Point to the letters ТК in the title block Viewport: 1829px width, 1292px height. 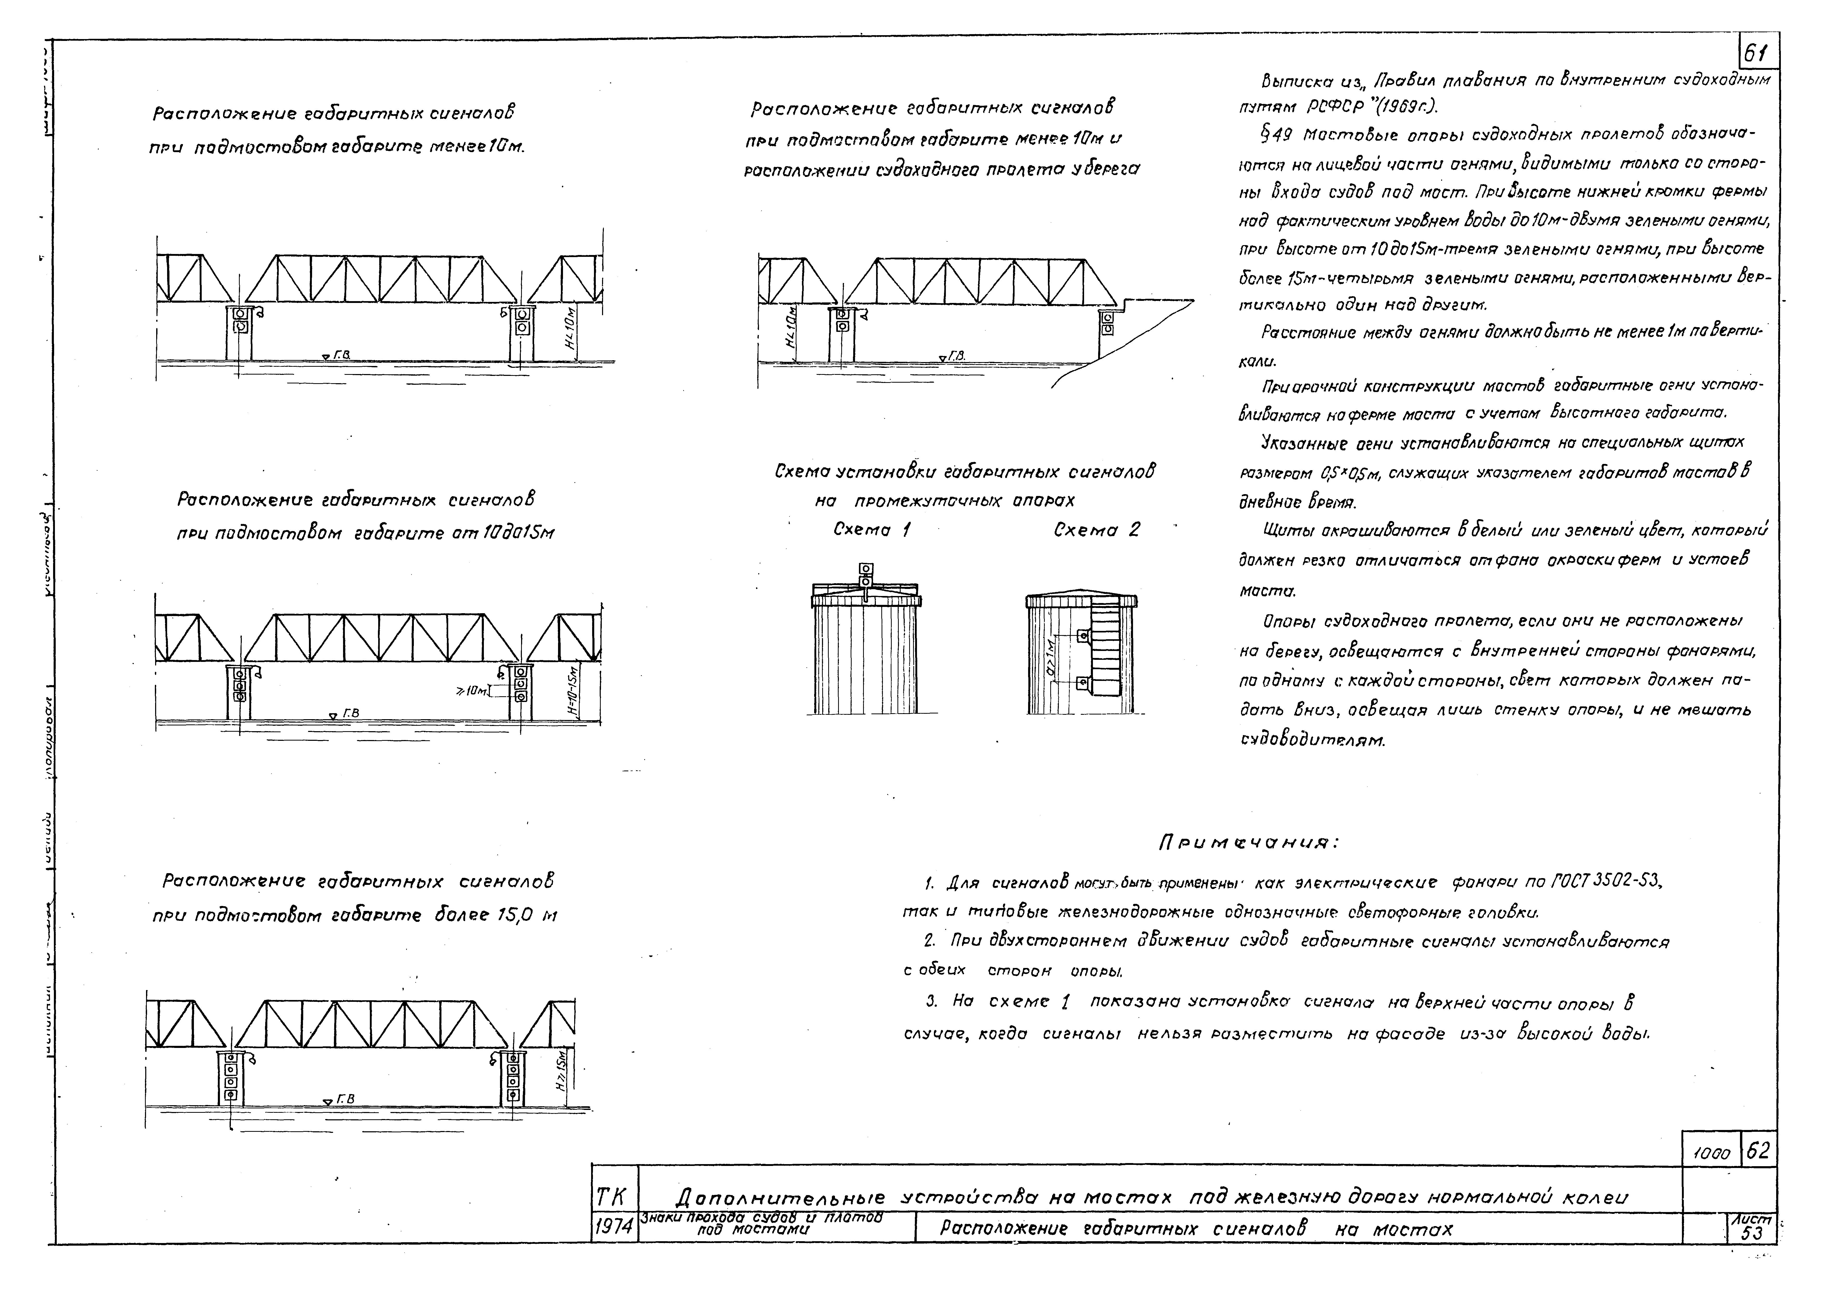(x=612, y=1197)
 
